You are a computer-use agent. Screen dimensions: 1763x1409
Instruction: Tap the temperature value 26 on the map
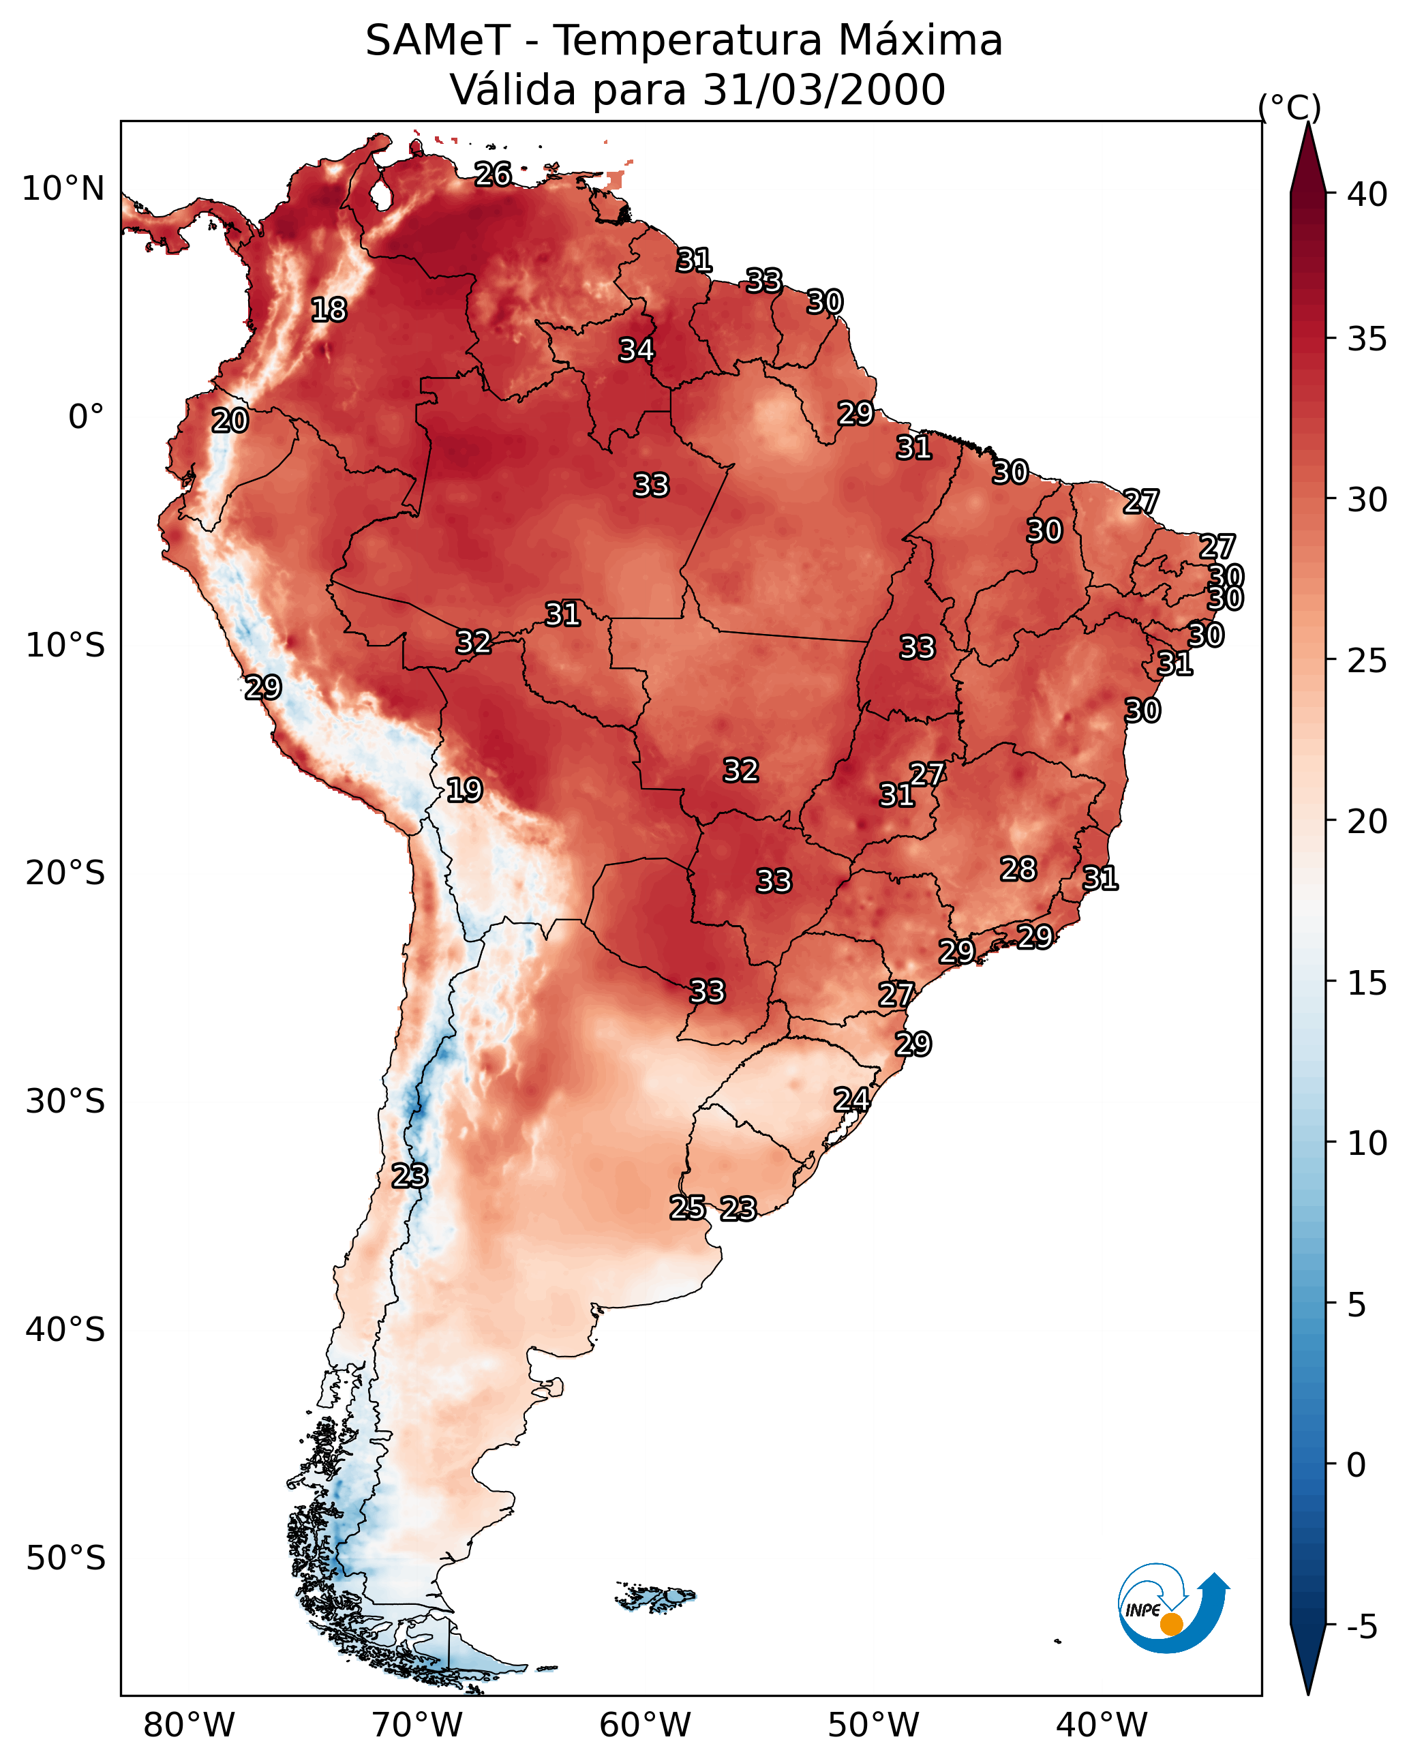coord(493,174)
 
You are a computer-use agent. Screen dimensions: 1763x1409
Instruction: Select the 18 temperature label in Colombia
coord(329,310)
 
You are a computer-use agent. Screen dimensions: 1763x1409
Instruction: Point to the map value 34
coord(636,350)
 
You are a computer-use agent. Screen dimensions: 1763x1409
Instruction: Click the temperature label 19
coord(464,790)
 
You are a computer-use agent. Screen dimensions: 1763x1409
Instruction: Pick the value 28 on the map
coord(1018,869)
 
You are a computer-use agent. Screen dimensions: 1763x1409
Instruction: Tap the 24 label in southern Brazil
coord(851,1100)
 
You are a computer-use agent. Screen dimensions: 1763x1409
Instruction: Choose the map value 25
coord(687,1208)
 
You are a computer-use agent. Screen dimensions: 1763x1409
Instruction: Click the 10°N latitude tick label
coord(63,189)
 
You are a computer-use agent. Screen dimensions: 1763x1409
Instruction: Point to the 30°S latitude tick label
coord(65,1102)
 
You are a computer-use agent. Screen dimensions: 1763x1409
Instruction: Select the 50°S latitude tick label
coord(65,1558)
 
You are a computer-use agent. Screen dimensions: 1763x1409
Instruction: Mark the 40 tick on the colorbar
coord(1367,194)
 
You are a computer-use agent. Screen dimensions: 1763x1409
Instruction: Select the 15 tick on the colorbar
coord(1367,983)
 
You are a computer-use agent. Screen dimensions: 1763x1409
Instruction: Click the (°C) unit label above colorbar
coord(1289,107)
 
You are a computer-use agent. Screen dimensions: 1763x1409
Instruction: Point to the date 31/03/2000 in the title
coord(823,90)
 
